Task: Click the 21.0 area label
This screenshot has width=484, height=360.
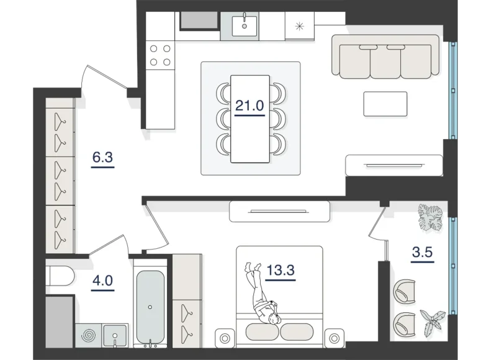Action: pos(250,105)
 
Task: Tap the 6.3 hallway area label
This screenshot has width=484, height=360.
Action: pos(102,158)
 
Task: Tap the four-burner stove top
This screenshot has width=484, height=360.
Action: pos(160,55)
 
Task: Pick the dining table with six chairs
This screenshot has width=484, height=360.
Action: pos(250,118)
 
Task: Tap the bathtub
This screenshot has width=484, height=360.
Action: pos(151,305)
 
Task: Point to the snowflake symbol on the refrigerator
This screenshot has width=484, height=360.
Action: pos(300,26)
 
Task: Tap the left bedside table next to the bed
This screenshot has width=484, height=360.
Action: pos(222,339)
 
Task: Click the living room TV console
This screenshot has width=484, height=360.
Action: pos(394,164)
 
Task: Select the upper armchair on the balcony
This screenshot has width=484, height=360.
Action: pos(405,290)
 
